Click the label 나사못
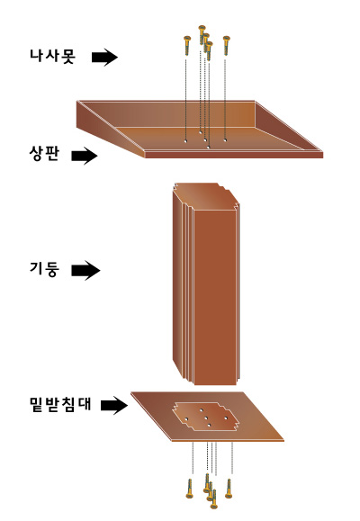click(x=52, y=56)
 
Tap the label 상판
click(x=44, y=154)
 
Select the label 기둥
click(x=44, y=269)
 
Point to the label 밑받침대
click(x=60, y=404)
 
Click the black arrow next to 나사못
click(x=104, y=58)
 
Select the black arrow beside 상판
click(x=85, y=156)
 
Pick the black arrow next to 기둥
click(x=85, y=270)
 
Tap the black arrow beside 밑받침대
click(x=114, y=405)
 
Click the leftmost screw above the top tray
click(x=187, y=46)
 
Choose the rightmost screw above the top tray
click(x=227, y=46)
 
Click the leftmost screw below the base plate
click(x=190, y=489)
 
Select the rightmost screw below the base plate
click(x=229, y=489)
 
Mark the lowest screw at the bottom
click(x=214, y=499)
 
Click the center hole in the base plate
click(x=206, y=418)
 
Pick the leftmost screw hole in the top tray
click(x=185, y=141)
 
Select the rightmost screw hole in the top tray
click(x=225, y=140)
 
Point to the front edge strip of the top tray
click(x=234, y=155)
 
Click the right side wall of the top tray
click(x=288, y=126)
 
